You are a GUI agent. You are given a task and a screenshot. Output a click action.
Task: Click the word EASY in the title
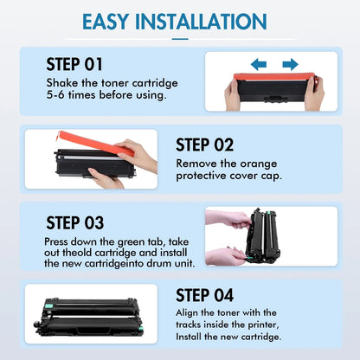[106, 22]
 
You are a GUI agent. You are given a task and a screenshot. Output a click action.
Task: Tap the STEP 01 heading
[74, 64]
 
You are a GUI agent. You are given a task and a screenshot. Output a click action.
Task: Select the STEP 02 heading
[204, 145]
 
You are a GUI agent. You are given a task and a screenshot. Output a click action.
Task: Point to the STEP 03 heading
[75, 222]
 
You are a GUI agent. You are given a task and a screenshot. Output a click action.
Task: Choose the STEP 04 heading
[204, 295]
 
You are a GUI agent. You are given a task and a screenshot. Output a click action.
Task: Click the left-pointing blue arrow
[259, 64]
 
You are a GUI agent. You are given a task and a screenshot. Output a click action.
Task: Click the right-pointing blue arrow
[290, 64]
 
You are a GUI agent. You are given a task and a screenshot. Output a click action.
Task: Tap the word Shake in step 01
[62, 83]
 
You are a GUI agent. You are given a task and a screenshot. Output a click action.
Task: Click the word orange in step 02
[259, 164]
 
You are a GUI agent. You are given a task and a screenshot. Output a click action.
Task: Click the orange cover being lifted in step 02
[95, 143]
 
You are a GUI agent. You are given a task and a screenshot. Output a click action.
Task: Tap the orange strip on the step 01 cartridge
[274, 77]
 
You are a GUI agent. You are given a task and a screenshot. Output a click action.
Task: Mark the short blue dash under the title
[180, 39]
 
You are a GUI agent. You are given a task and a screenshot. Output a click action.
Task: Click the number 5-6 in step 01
[55, 95]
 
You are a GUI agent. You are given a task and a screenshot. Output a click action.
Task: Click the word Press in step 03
[56, 241]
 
